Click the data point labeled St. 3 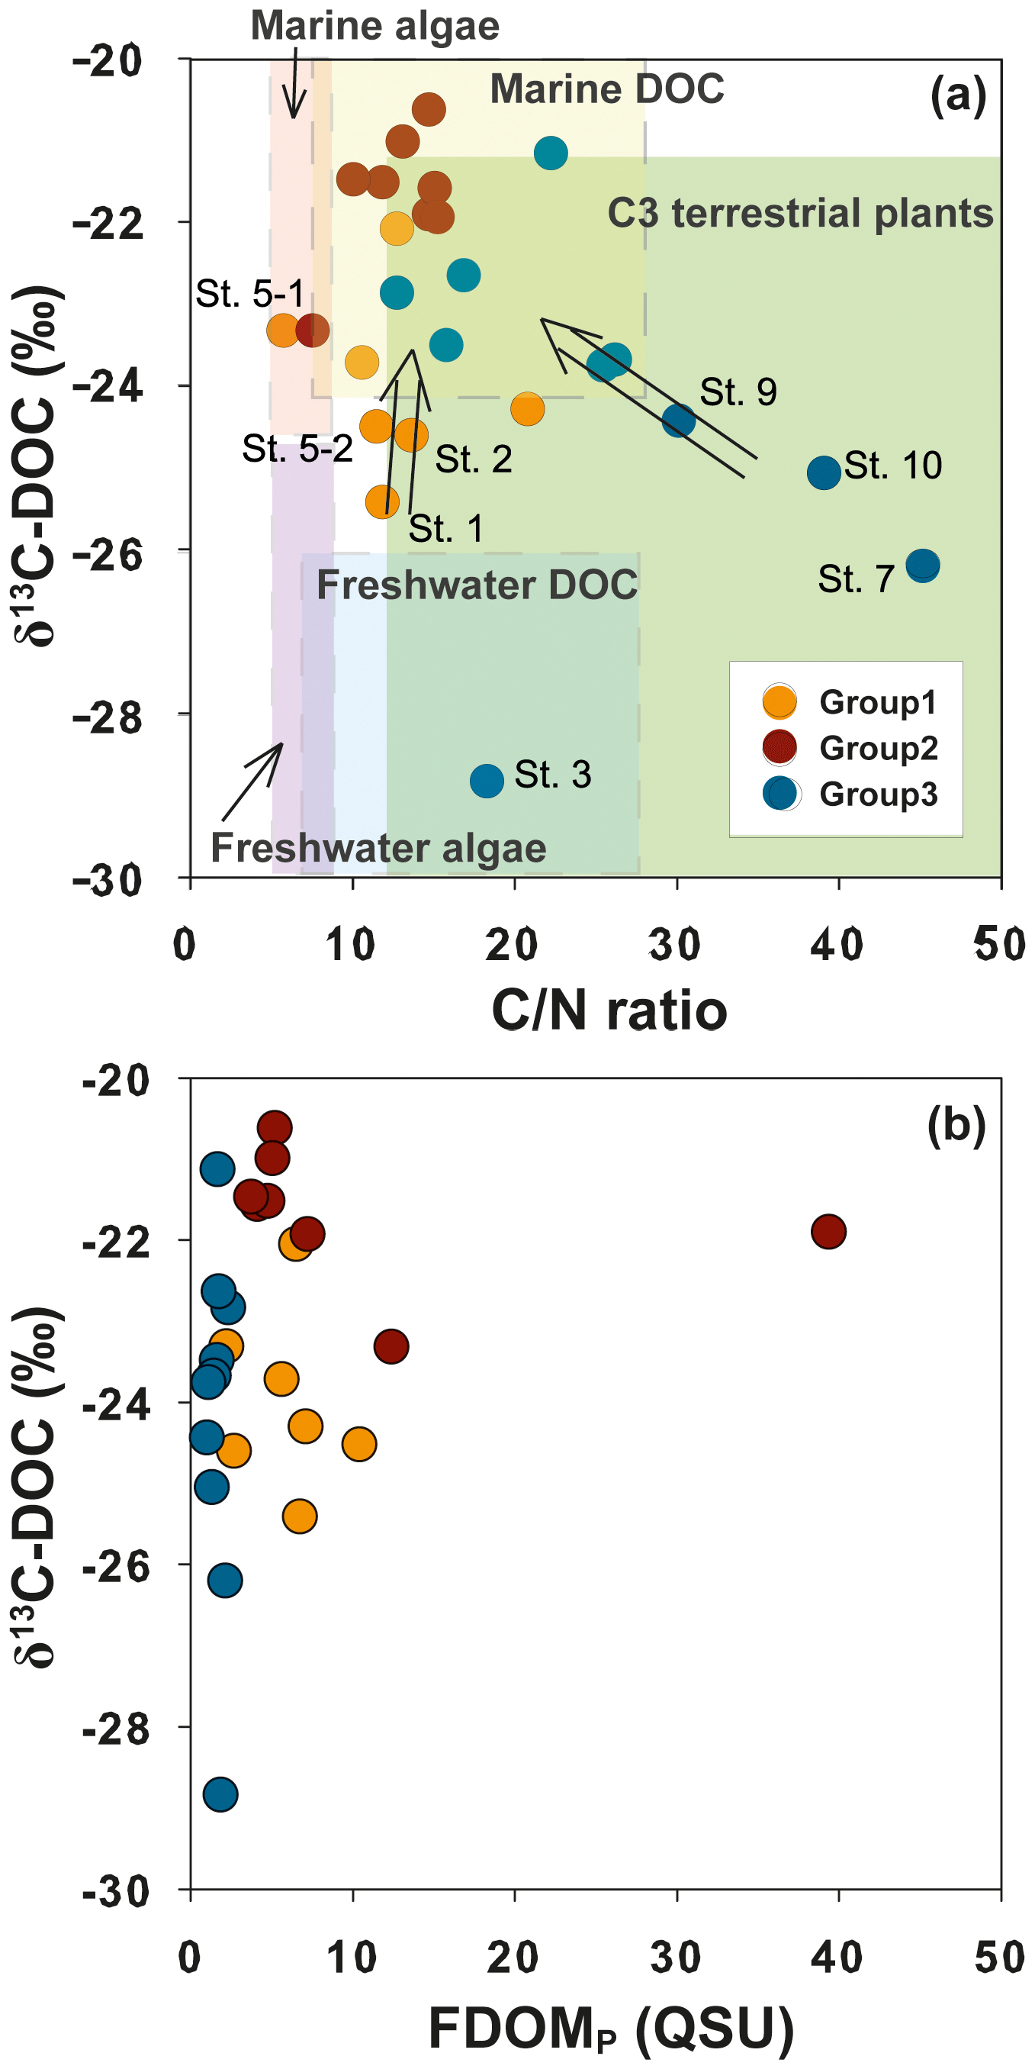pyautogui.click(x=487, y=780)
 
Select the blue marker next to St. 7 pyautogui.click(x=922, y=566)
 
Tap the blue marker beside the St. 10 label pyautogui.click(x=824, y=472)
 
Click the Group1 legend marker pyautogui.click(x=779, y=701)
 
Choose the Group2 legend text pyautogui.click(x=879, y=748)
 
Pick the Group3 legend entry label pyautogui.click(x=879, y=794)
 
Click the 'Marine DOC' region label pyautogui.click(x=607, y=89)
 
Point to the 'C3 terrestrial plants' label pyautogui.click(x=800, y=213)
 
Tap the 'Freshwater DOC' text pyautogui.click(x=477, y=585)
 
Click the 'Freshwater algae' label pyautogui.click(x=378, y=847)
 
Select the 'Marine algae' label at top pyautogui.click(x=375, y=26)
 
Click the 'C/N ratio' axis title pyautogui.click(x=609, y=1010)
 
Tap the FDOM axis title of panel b pyautogui.click(x=610, y=2028)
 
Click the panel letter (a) pyautogui.click(x=957, y=96)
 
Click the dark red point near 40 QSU pyautogui.click(x=828, y=1231)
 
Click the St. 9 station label pyautogui.click(x=738, y=392)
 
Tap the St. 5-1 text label pyautogui.click(x=249, y=294)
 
